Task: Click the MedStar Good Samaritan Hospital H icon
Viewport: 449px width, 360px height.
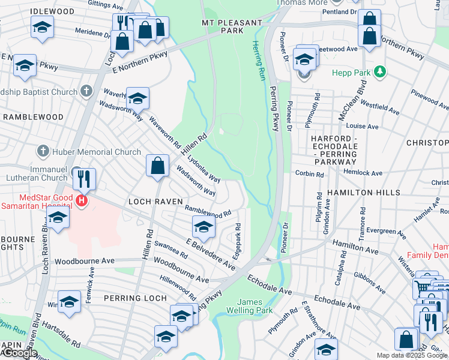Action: pos(82,200)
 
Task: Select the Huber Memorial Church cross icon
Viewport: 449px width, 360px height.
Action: pos(43,152)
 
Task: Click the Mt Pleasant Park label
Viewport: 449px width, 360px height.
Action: pos(231,26)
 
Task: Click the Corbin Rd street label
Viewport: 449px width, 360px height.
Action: pos(309,174)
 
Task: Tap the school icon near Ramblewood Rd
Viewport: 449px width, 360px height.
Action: pos(203,227)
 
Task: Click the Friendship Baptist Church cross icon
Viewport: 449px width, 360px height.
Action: pos(86,92)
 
